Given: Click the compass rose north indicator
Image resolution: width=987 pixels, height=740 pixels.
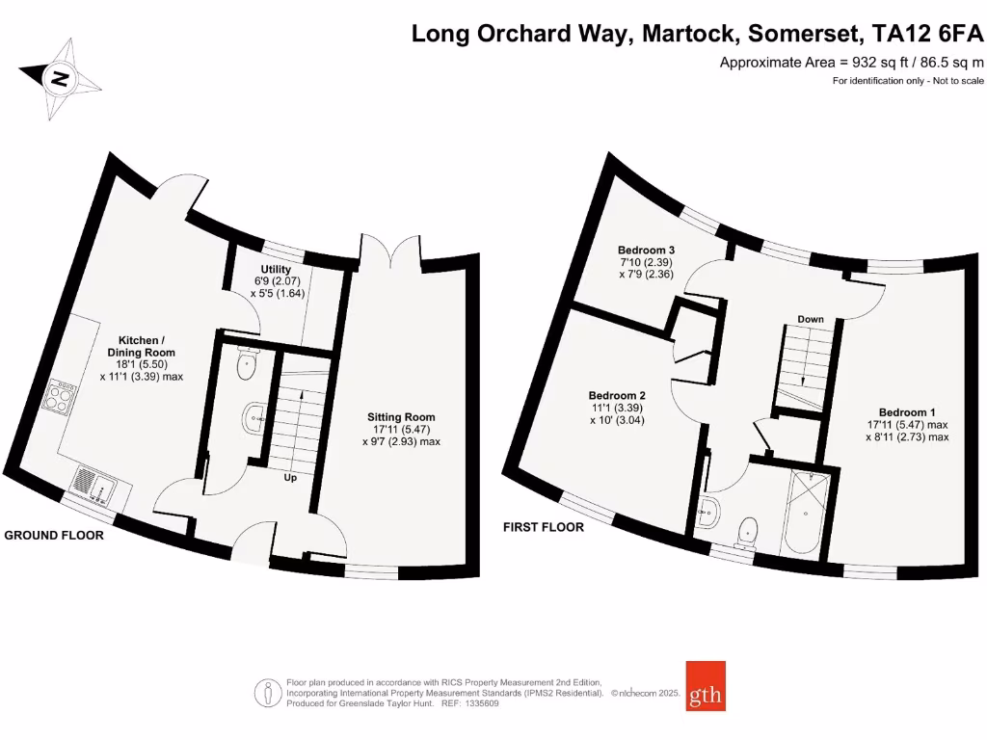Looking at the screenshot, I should point(60,78).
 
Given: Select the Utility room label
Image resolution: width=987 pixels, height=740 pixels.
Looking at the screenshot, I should point(276,269).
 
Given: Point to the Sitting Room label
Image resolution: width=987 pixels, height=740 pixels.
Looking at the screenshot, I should point(396,417).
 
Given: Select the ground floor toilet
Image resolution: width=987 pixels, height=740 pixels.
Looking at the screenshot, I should point(248,362).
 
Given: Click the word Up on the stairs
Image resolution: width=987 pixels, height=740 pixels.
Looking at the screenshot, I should point(289,477).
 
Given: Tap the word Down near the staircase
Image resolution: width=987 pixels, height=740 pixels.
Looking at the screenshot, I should point(810,319).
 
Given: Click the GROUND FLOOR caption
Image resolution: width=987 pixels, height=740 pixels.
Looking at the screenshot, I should point(54,535).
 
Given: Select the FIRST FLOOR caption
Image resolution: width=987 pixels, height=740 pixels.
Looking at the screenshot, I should point(544,527).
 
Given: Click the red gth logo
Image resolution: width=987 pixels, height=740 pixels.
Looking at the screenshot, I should point(706,686).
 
